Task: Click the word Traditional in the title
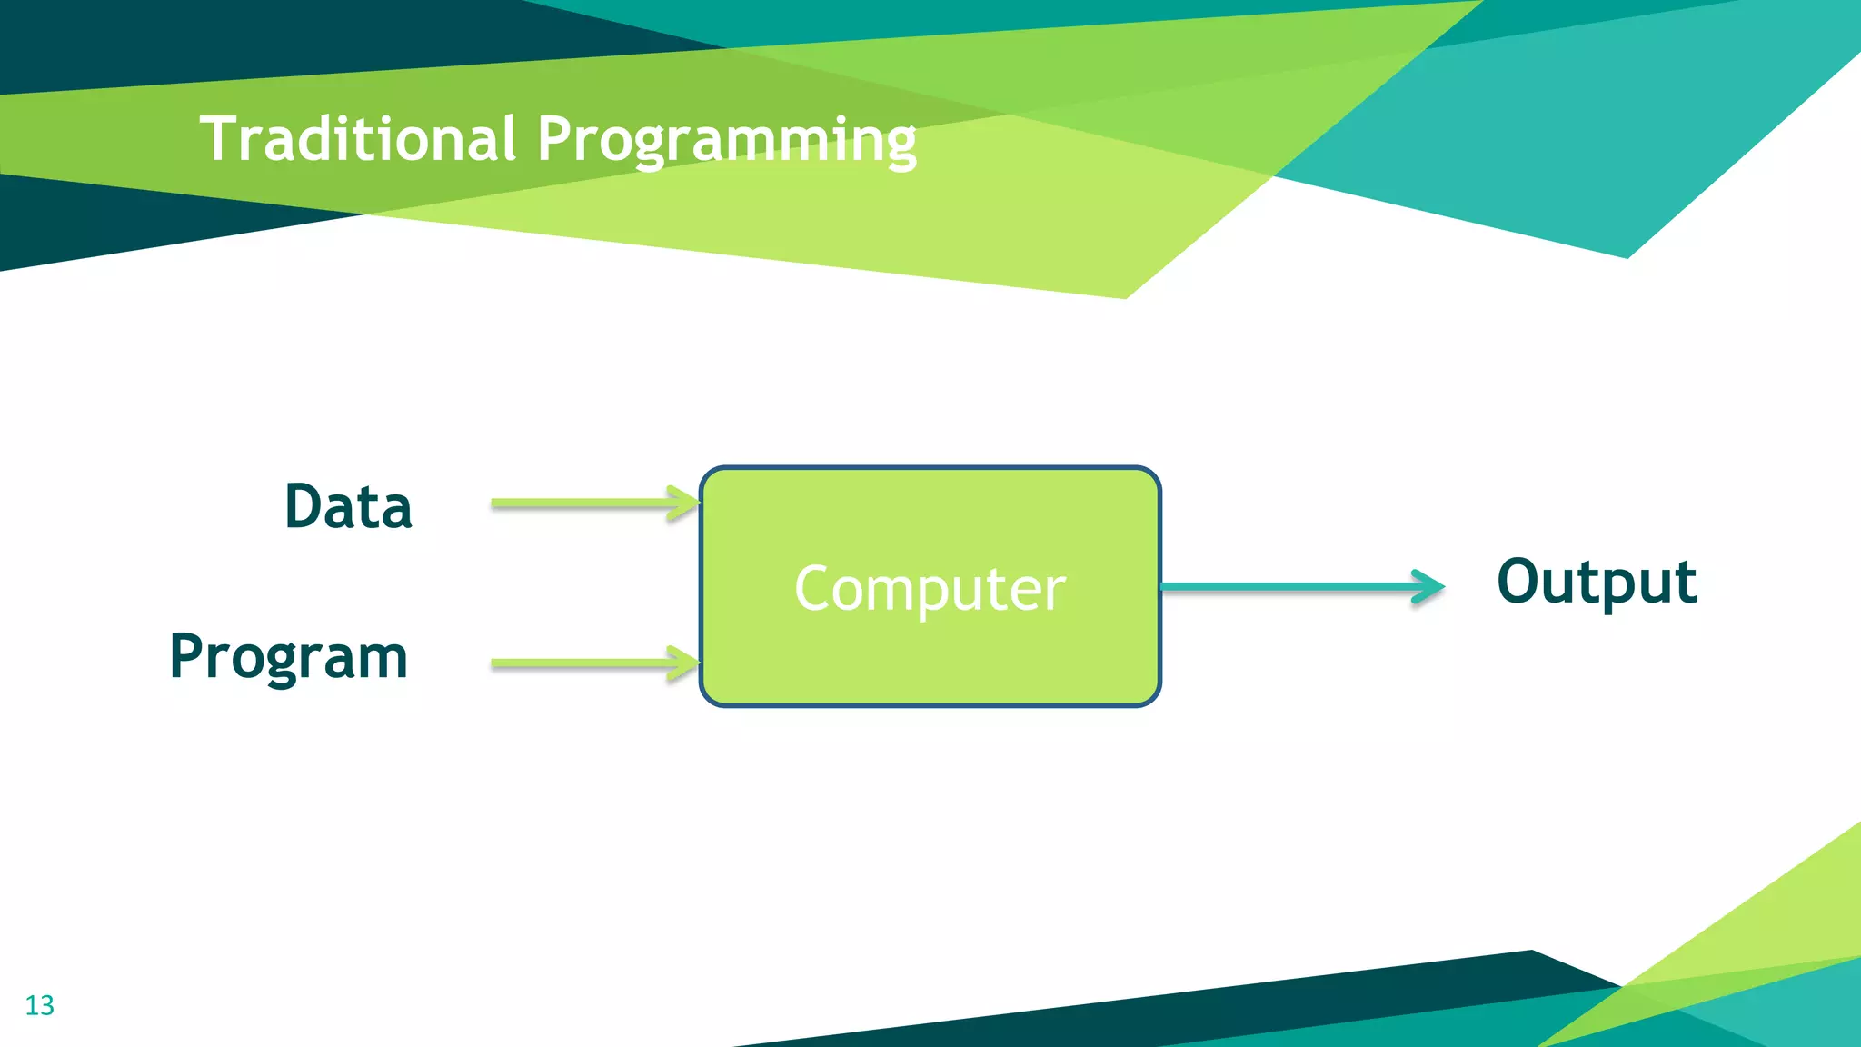[358, 139]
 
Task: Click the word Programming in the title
[726, 141]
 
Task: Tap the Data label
[348, 506]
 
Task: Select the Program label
[289, 656]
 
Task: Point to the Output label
[1597, 582]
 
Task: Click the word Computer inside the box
[930, 588]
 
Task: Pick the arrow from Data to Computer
[591, 504]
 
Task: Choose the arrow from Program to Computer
[591, 663]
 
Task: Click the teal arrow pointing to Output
[1290, 587]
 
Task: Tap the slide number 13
[40, 1005]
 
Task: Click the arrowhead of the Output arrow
[1428, 587]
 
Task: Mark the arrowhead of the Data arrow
[683, 504]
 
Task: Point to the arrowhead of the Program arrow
[683, 663]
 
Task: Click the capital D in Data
[305, 506]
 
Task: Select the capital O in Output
[1523, 581]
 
